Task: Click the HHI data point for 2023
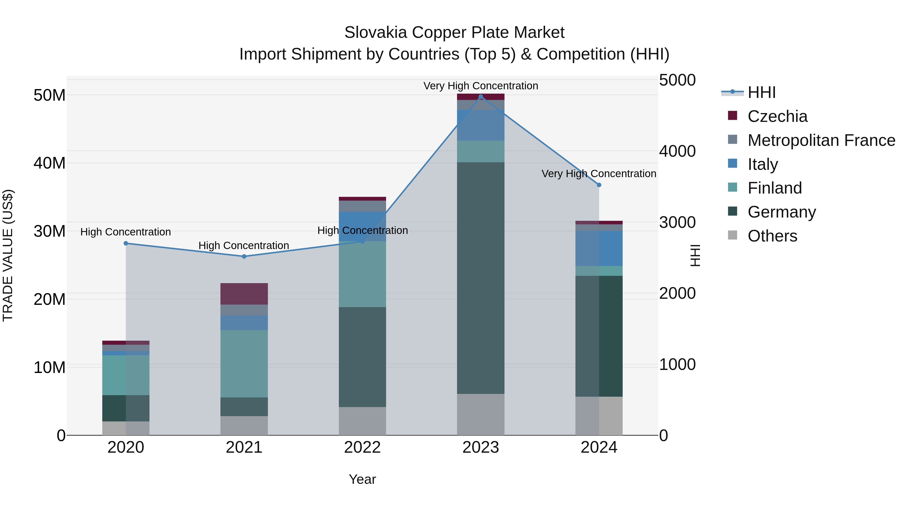481,97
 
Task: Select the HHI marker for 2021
244,256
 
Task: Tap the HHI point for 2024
599,185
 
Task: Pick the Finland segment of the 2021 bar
244,364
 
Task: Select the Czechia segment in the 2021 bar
244,294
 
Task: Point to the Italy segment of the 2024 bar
599,248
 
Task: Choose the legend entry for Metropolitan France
821,140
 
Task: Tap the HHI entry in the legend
762,92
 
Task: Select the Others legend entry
772,236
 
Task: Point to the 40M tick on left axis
49,163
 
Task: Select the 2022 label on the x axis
362,447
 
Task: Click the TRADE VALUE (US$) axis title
8,255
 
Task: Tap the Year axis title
362,479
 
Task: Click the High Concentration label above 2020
126,232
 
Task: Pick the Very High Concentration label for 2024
599,174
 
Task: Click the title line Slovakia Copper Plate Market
454,33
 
